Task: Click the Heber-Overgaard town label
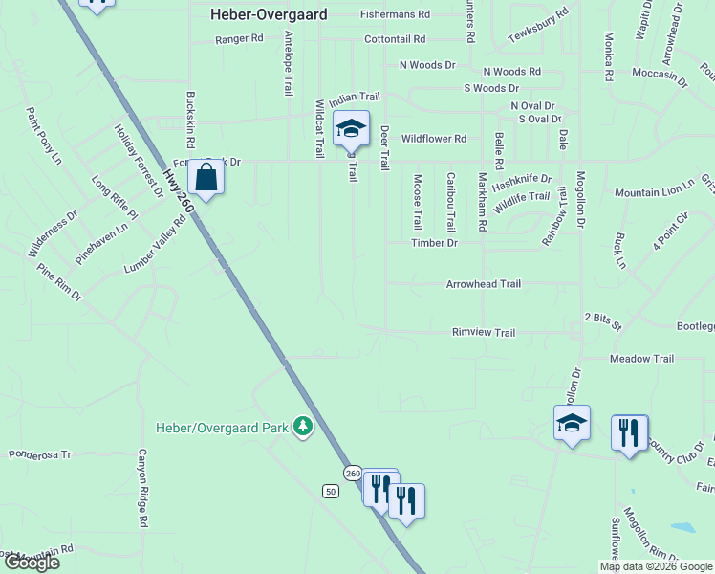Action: click(x=269, y=14)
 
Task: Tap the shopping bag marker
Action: click(x=206, y=177)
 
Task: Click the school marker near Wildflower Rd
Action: click(x=351, y=128)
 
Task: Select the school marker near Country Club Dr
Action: click(x=572, y=423)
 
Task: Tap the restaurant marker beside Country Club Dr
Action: click(x=629, y=432)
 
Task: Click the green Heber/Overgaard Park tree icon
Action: click(x=303, y=426)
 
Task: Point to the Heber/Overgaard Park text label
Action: click(x=222, y=428)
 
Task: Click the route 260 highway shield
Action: click(x=353, y=474)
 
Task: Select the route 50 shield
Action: click(x=331, y=492)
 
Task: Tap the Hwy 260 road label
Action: click(x=179, y=192)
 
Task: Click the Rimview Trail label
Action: click(x=484, y=333)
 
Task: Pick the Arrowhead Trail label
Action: click(x=484, y=284)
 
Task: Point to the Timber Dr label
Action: click(x=435, y=243)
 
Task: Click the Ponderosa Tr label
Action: click(x=40, y=454)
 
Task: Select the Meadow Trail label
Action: click(x=641, y=359)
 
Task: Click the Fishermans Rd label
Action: click(x=396, y=14)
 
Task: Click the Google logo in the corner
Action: click(x=32, y=563)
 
